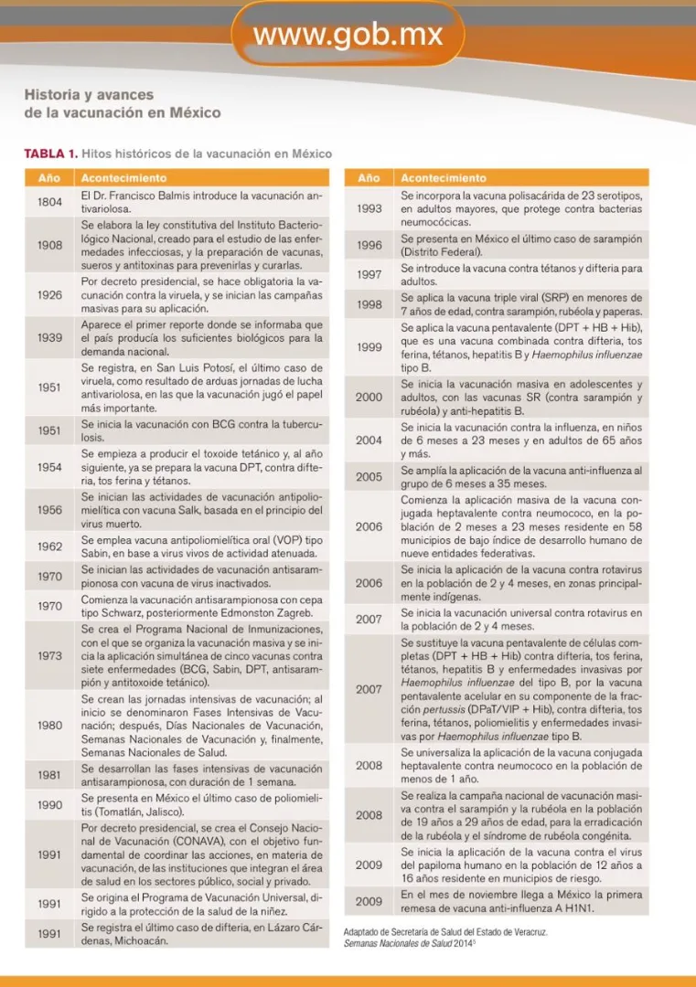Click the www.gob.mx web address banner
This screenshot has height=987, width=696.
tap(348, 35)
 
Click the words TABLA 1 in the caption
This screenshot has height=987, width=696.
tap(50, 154)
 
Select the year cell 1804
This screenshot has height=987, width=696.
tap(49, 202)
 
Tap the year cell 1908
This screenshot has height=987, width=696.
tap(49, 245)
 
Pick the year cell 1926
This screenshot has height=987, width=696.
tap(49, 295)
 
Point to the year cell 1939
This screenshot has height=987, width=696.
tap(49, 338)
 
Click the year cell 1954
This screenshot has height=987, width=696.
tap(49, 467)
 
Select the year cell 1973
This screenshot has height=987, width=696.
tap(49, 656)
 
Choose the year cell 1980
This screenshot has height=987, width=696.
tap(49, 726)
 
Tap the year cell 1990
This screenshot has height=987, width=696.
tap(49, 805)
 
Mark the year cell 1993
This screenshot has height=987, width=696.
tap(369, 208)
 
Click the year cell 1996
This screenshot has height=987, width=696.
tap(369, 245)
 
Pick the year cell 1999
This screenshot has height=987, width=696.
tap(369, 347)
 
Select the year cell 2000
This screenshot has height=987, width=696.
tap(369, 398)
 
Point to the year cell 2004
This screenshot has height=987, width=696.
tap(369, 440)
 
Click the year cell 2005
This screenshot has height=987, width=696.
tap(369, 476)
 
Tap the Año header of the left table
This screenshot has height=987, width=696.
tap(48, 177)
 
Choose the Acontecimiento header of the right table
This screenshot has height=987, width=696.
tap(444, 177)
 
